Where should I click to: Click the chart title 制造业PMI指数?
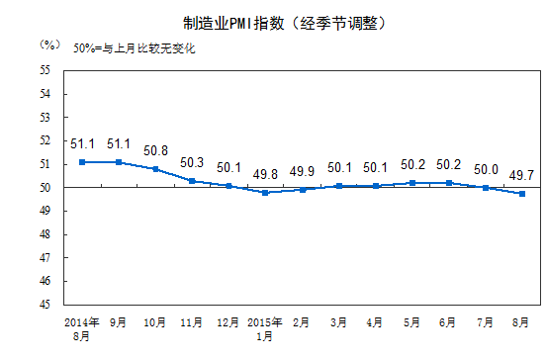[x=272, y=22]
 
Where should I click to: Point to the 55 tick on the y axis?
[x=46, y=70]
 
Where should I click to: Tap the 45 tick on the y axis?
[x=46, y=305]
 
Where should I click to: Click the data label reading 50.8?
[x=156, y=151]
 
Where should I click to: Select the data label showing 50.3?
[x=193, y=163]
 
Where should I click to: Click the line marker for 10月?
[x=156, y=169]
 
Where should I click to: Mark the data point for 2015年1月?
[x=265, y=192]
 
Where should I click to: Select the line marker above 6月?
[x=449, y=183]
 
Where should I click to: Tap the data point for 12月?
[x=228, y=185]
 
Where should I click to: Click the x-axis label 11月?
[x=192, y=323]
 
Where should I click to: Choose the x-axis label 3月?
[x=339, y=323]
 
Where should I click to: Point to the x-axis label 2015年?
[x=265, y=323]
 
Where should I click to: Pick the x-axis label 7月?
[x=486, y=323]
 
